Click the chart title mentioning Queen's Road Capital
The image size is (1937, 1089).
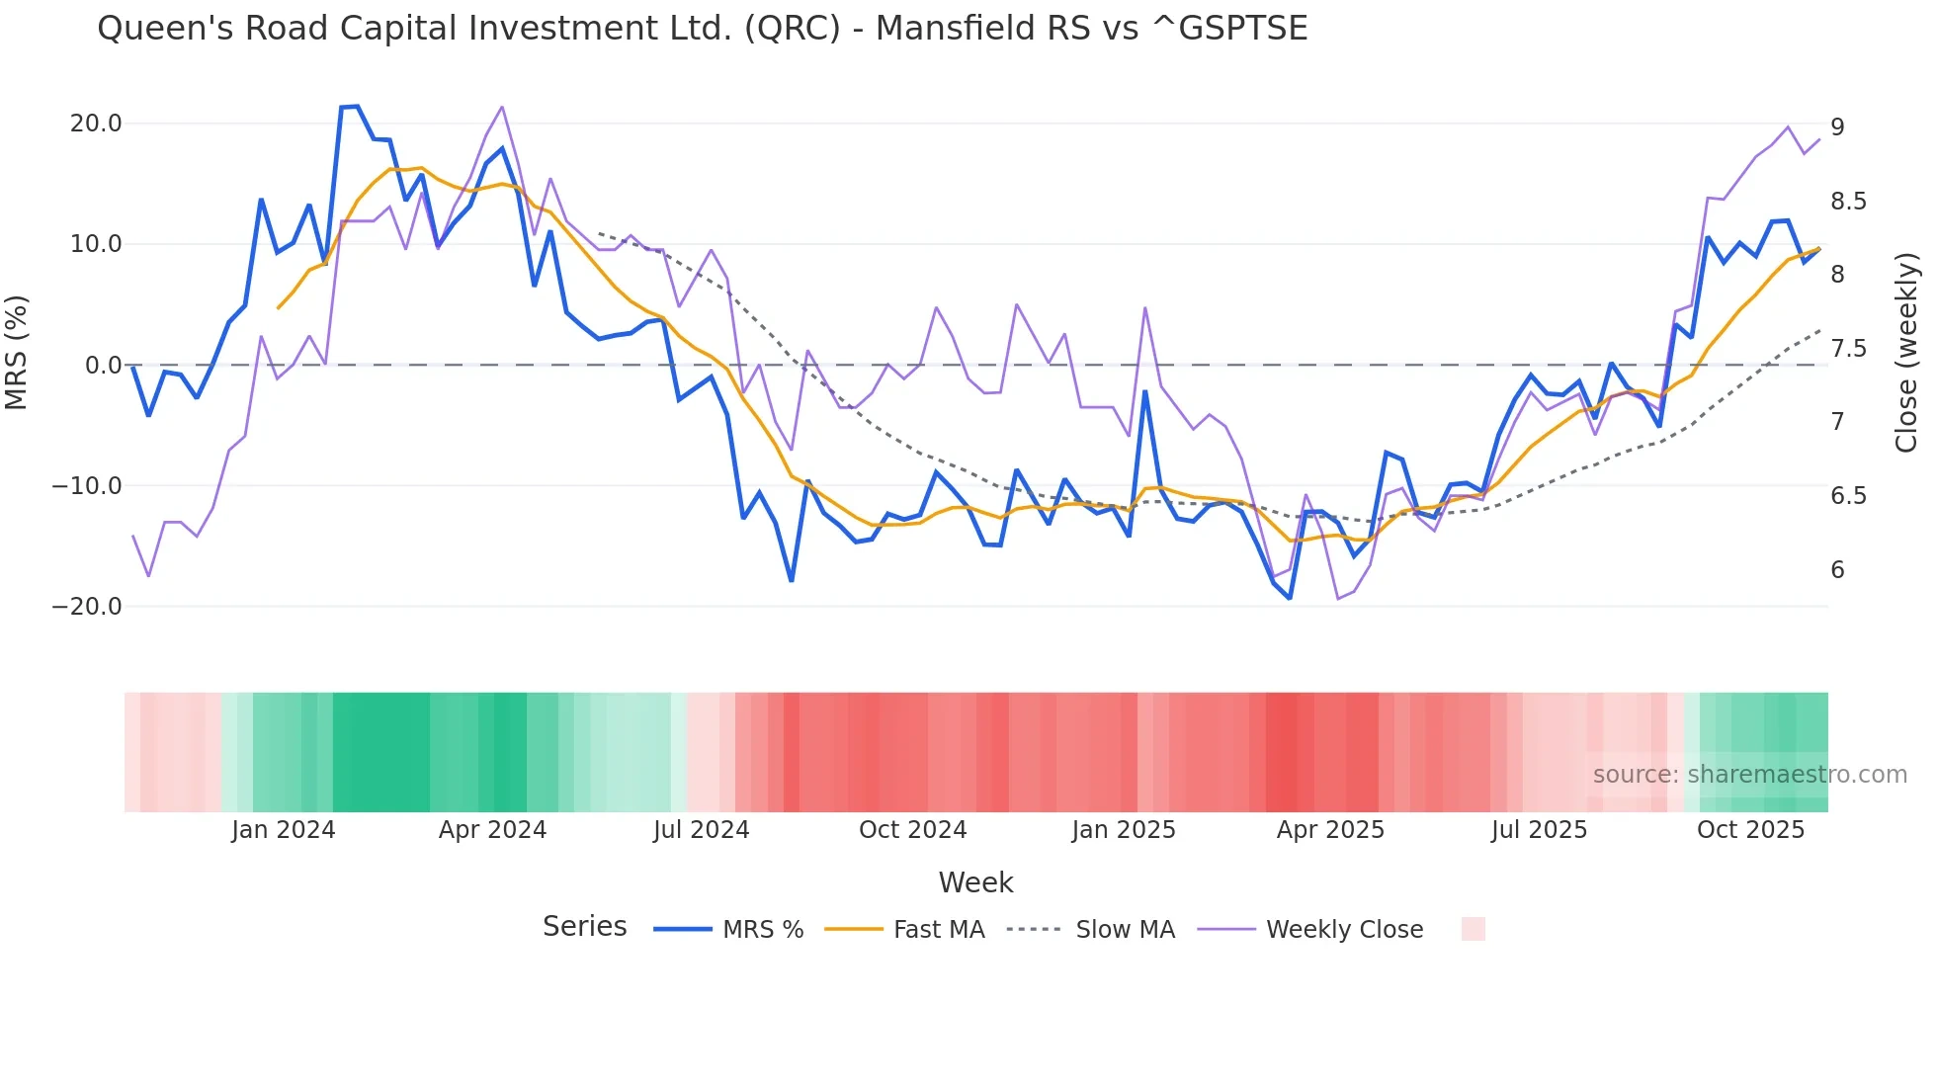(x=702, y=29)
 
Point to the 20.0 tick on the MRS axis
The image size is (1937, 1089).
(x=96, y=124)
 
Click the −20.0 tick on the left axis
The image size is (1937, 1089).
(x=87, y=607)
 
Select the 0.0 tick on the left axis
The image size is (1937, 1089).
(x=103, y=366)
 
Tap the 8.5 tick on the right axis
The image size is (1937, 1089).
(x=1848, y=202)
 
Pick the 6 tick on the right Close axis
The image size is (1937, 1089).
(x=1837, y=570)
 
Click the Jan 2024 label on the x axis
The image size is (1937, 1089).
(x=284, y=830)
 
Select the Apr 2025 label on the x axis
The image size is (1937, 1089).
(x=1330, y=830)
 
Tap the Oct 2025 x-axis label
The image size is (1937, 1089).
(x=1750, y=830)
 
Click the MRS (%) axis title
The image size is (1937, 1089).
(x=17, y=353)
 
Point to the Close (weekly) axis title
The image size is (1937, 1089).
(x=1906, y=353)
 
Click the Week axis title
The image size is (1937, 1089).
(x=975, y=882)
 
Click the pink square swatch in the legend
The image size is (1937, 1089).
(x=1473, y=929)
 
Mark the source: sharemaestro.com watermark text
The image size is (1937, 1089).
(x=1749, y=775)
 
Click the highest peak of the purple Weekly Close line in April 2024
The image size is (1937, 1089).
(x=502, y=107)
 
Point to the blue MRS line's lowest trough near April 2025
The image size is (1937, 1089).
(x=1289, y=598)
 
